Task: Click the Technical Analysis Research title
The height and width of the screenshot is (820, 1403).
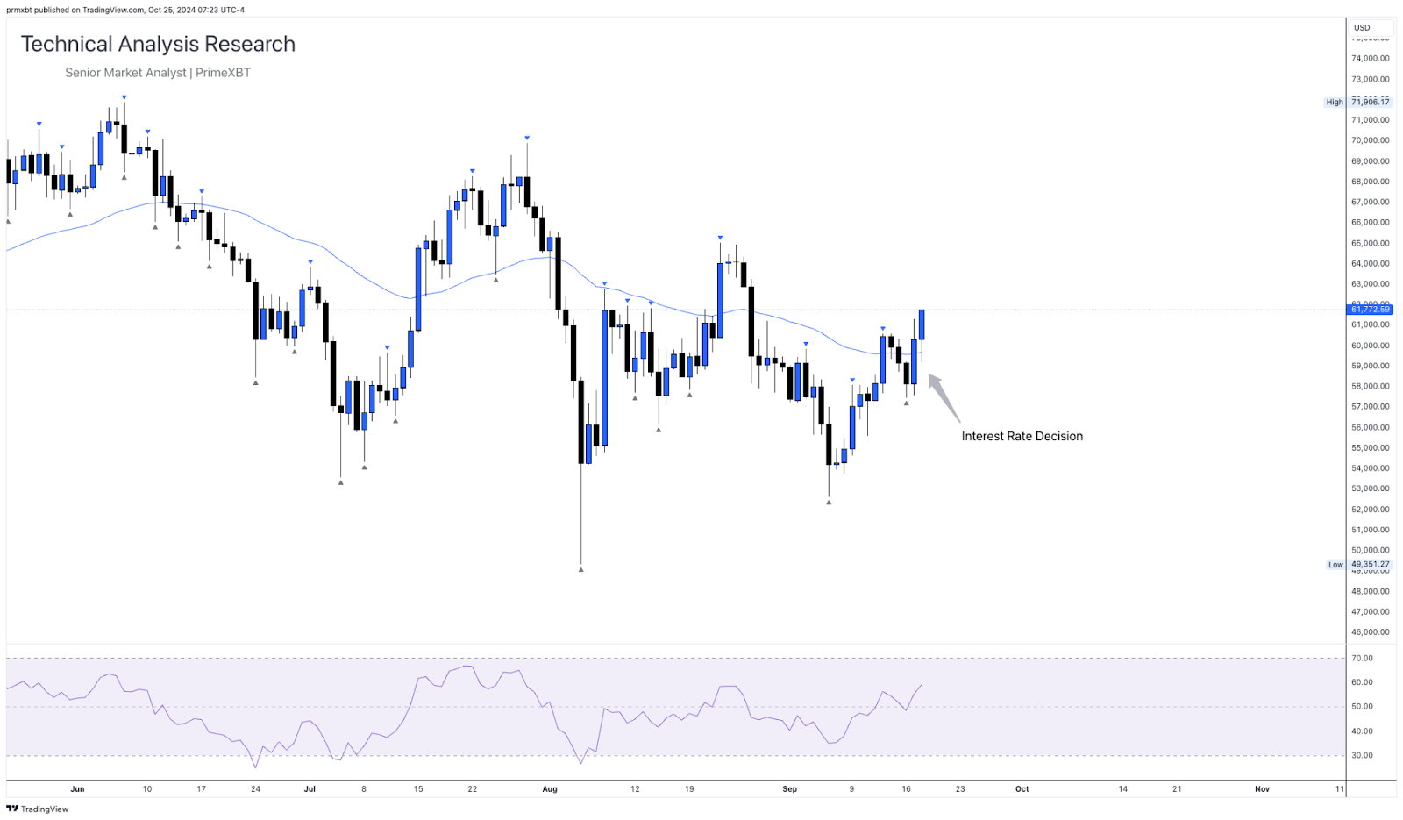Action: point(158,44)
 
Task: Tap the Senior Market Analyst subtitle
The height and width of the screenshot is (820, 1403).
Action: point(158,73)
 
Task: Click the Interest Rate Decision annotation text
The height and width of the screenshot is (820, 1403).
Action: point(1022,436)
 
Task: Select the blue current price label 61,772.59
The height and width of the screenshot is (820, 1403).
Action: point(1370,310)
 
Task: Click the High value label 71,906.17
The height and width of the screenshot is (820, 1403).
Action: point(1370,102)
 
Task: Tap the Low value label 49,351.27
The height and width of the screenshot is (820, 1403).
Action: point(1370,565)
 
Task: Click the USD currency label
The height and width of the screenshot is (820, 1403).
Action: point(1362,28)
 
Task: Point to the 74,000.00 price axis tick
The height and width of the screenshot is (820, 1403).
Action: point(1370,59)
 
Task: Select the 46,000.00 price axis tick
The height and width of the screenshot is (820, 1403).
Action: point(1370,632)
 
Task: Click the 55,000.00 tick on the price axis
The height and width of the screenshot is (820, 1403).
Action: point(1370,448)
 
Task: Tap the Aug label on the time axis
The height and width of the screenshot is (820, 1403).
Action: point(550,789)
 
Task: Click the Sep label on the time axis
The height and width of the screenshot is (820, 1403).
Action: point(790,789)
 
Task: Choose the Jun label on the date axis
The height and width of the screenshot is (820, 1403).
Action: point(77,789)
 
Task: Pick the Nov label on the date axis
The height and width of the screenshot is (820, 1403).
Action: point(1262,789)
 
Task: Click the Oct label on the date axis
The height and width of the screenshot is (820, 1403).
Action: point(1022,789)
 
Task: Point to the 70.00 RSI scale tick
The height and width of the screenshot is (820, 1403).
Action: point(1362,659)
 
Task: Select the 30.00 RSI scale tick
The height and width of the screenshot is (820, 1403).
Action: point(1362,755)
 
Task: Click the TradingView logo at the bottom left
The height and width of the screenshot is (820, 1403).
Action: point(37,809)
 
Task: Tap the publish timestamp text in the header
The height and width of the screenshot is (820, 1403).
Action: point(125,11)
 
